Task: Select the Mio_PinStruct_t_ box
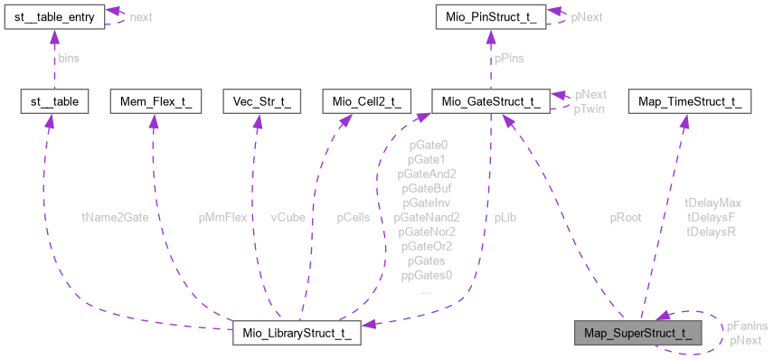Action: tap(489, 16)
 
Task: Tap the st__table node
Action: tap(53, 101)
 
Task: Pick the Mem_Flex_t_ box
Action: tap(150, 101)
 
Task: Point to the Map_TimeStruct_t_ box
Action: tap(690, 101)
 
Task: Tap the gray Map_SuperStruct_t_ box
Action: tap(637, 332)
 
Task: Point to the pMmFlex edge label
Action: tap(222, 217)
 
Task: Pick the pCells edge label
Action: tap(353, 217)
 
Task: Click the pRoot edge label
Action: tap(626, 217)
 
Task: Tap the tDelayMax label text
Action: tap(713, 203)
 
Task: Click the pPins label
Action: tap(508, 58)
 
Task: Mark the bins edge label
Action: tap(69, 58)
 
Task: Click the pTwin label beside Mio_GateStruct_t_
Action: tap(589, 109)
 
